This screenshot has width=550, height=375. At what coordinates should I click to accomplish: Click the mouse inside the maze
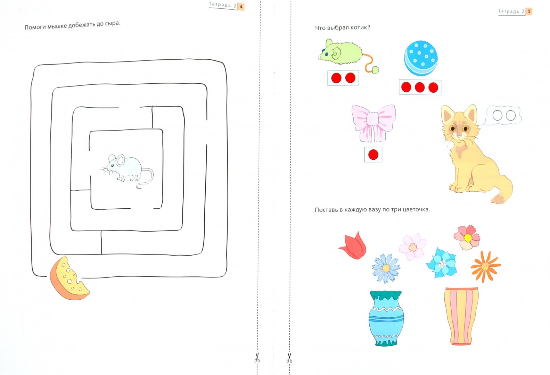[x=126, y=170]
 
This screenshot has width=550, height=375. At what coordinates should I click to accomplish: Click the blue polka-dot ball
[x=421, y=58]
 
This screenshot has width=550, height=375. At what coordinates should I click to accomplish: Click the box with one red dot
[x=373, y=155]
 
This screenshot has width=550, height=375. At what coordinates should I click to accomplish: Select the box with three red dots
[x=420, y=87]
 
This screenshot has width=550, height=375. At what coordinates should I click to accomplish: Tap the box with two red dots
[x=343, y=78]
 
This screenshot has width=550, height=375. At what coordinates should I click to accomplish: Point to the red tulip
[x=354, y=245]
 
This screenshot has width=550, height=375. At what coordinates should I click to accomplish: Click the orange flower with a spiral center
[x=485, y=267]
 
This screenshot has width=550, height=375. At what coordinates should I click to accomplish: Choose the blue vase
[x=386, y=318]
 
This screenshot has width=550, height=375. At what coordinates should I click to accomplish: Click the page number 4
[x=241, y=7]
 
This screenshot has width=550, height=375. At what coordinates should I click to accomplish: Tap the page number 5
[x=529, y=11]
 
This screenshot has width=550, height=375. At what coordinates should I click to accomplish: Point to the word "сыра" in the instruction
[x=112, y=24]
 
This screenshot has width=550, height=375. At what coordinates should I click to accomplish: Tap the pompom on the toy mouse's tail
[x=375, y=70]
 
